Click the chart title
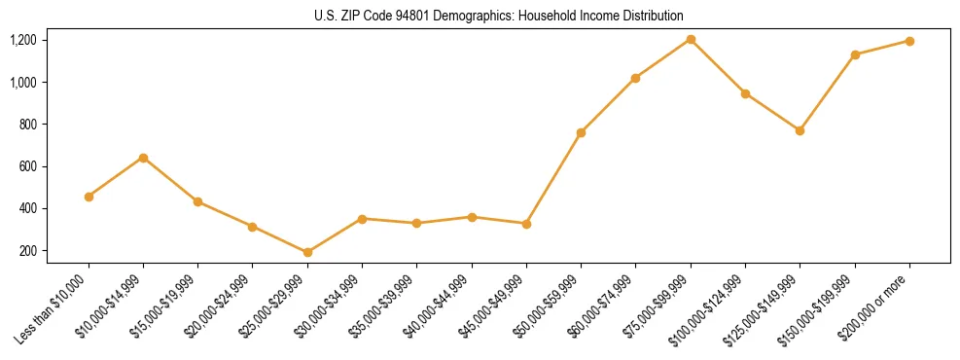pos(499,16)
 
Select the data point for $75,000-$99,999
pos(691,39)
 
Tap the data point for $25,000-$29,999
pos(307,252)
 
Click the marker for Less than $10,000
pos(89,197)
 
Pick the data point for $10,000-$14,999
pos(143,158)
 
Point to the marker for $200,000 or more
pos(909,41)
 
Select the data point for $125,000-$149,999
pos(800,130)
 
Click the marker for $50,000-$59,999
pos(581,132)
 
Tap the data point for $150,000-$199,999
pos(855,54)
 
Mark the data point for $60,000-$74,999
pos(635,78)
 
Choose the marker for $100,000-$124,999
pos(745,93)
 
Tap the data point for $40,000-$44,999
pos(472,217)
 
